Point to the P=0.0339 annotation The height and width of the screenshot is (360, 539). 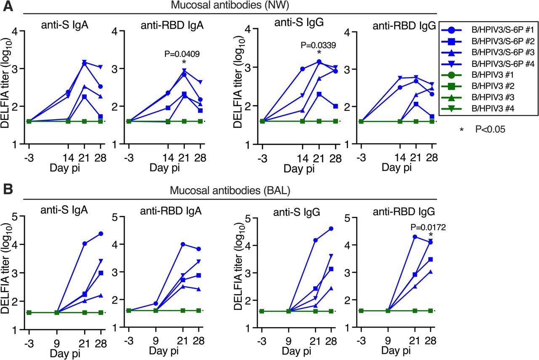[x=318, y=45]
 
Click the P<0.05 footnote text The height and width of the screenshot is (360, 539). [x=490, y=130]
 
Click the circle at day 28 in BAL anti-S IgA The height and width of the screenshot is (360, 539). [x=101, y=234]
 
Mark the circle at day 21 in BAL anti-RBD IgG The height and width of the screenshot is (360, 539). [x=415, y=237]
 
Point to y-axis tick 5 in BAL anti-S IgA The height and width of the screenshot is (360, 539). [x=16, y=217]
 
